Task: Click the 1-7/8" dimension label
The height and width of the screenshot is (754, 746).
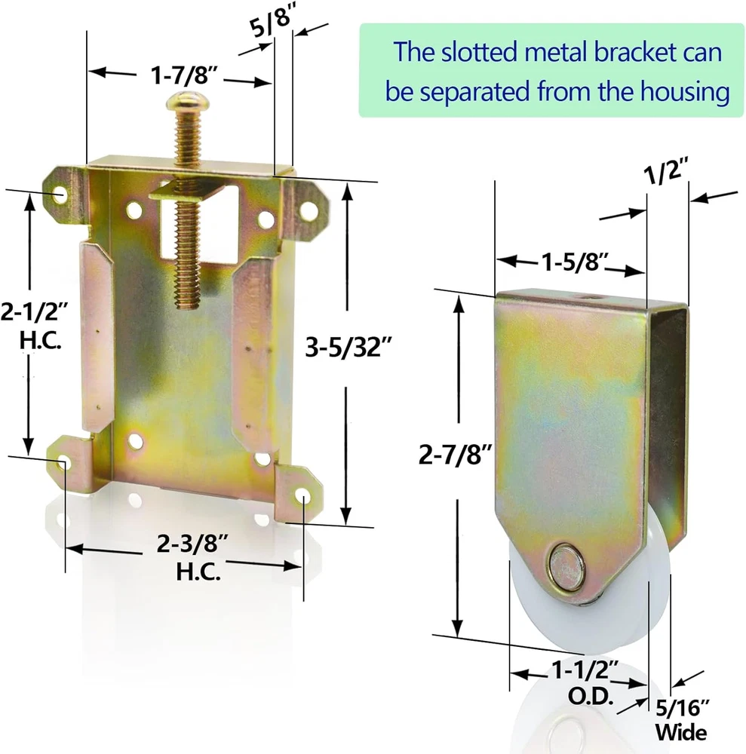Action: (184, 75)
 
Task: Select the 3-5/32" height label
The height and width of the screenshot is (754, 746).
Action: (348, 346)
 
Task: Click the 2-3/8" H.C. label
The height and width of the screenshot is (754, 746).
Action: (193, 557)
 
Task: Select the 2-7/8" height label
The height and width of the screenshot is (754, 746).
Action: (456, 454)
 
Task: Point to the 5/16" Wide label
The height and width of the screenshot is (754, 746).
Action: (681, 720)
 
